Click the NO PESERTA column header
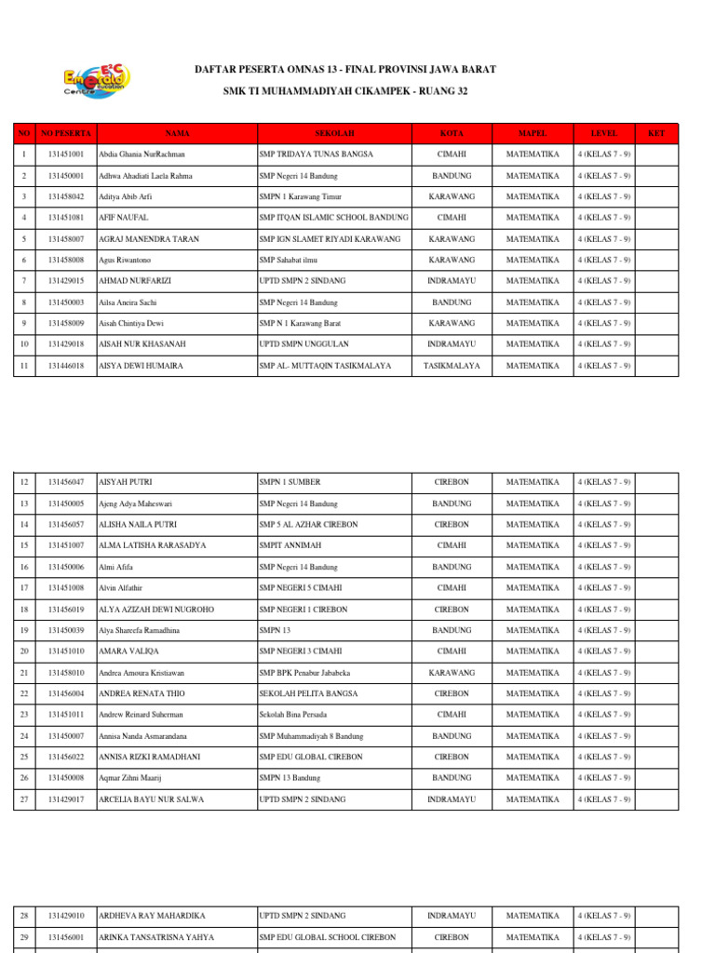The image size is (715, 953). click(66, 134)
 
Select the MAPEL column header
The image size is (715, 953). click(532, 134)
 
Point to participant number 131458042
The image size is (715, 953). click(66, 196)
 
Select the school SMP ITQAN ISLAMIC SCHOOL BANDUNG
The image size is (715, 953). click(333, 218)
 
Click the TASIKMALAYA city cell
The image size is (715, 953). click(452, 367)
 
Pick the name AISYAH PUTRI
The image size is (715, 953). click(126, 482)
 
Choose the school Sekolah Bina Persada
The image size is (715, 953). click(297, 715)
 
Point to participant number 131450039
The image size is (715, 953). click(66, 630)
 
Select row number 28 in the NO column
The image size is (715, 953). click(23, 916)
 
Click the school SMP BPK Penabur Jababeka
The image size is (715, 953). click(304, 672)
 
